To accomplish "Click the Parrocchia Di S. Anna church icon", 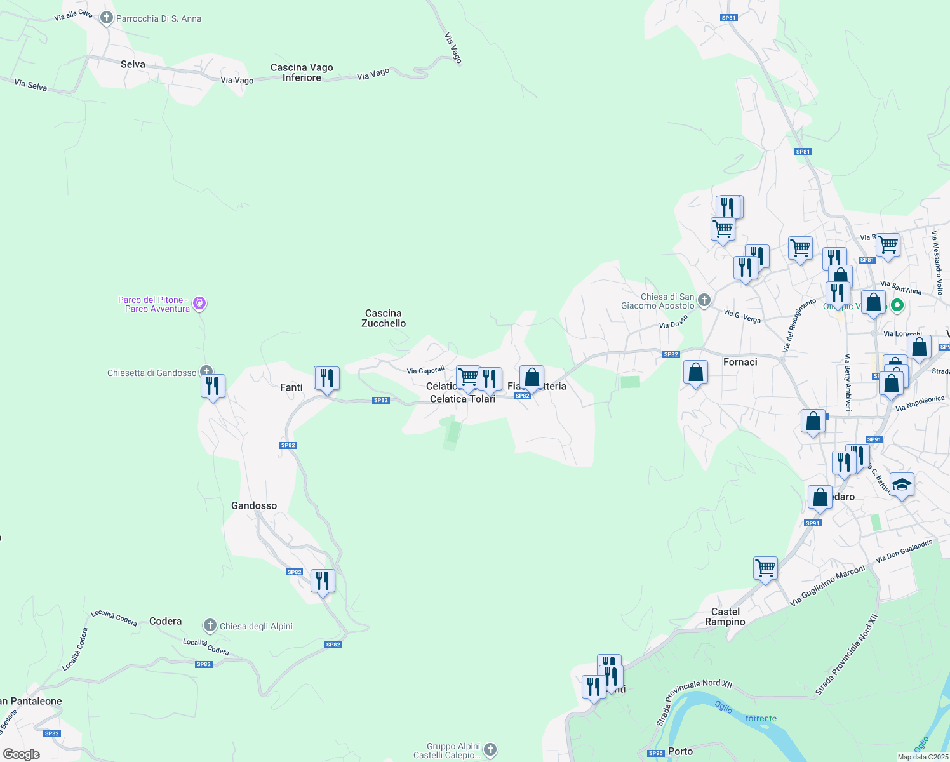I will pos(107,18).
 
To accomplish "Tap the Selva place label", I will pos(133,64).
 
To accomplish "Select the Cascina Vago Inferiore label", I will pos(302,72).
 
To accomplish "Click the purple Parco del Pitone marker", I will pos(199,304).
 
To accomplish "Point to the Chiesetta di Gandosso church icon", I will pos(206,371).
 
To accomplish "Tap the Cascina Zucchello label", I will pos(384,318).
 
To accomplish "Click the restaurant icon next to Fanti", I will pos(327,379).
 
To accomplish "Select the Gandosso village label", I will pos(254,505).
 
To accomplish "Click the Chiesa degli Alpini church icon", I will pos(210,625).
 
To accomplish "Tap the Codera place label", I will pos(165,621).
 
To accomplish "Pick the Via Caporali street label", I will pos(425,370).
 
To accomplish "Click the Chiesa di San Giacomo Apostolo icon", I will pos(704,300).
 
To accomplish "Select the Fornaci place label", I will pos(740,362).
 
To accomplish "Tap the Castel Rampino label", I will pos(725,617).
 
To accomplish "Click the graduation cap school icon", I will pos(902,485).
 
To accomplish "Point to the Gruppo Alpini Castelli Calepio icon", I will pos(490,750).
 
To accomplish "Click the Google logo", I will pos(21,754).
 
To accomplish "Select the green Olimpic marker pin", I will pos(897,305).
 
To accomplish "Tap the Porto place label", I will pos(681,751).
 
